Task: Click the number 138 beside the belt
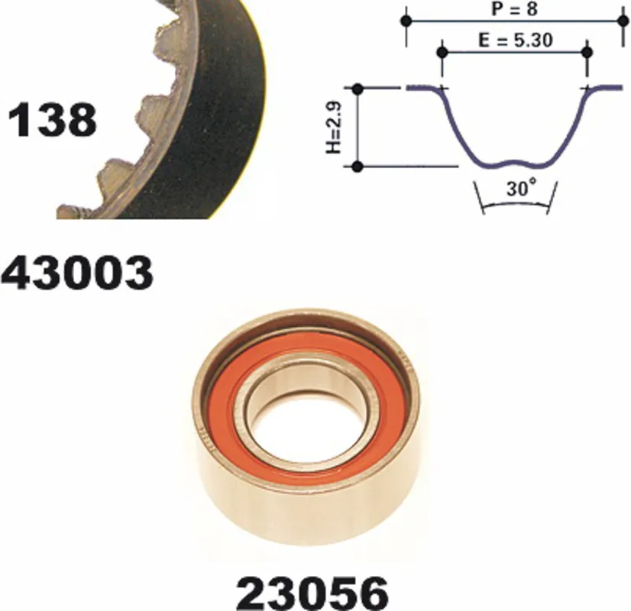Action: (x=52, y=119)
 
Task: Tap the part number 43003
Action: (x=77, y=273)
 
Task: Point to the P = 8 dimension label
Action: (x=514, y=9)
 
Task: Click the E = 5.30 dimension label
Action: (x=516, y=40)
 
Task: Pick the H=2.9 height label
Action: (x=334, y=127)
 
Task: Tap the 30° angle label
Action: (x=522, y=187)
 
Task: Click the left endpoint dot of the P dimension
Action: (x=406, y=21)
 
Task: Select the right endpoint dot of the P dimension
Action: (x=622, y=21)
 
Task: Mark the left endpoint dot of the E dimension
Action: (x=442, y=52)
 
